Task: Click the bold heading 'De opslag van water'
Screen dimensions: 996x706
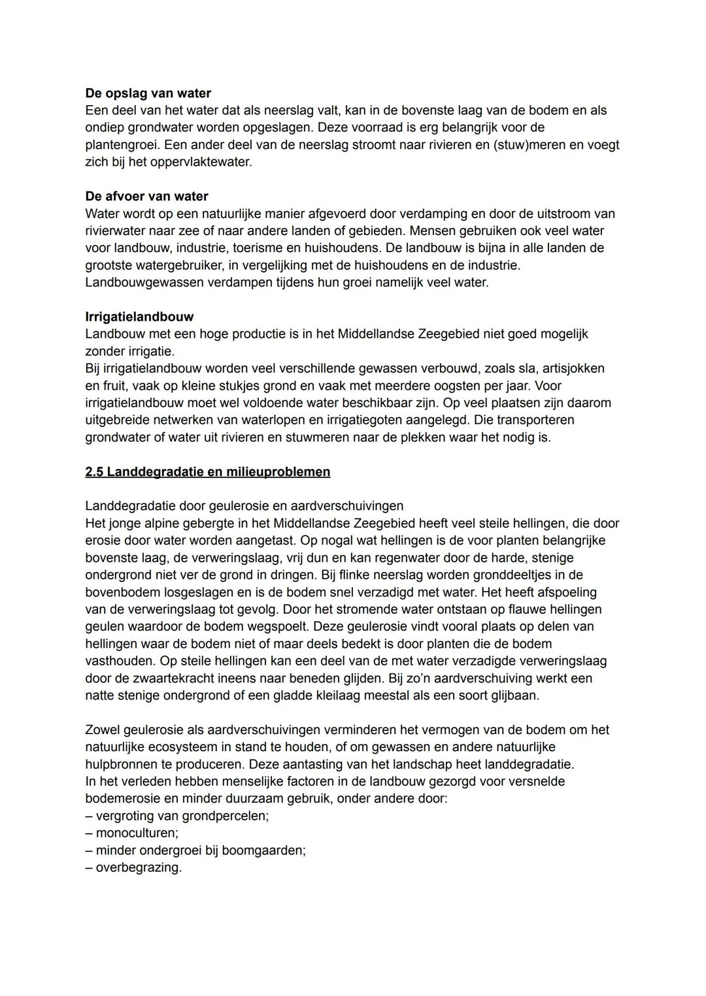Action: [x=148, y=93]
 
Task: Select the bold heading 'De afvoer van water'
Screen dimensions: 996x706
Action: [x=146, y=197]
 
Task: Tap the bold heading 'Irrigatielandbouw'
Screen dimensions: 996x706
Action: [x=139, y=317]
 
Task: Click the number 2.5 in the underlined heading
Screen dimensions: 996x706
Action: [x=94, y=472]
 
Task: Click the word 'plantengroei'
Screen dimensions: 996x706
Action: [x=122, y=145]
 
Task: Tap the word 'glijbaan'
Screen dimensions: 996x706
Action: [x=515, y=696]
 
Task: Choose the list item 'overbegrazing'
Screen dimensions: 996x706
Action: [x=139, y=868]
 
